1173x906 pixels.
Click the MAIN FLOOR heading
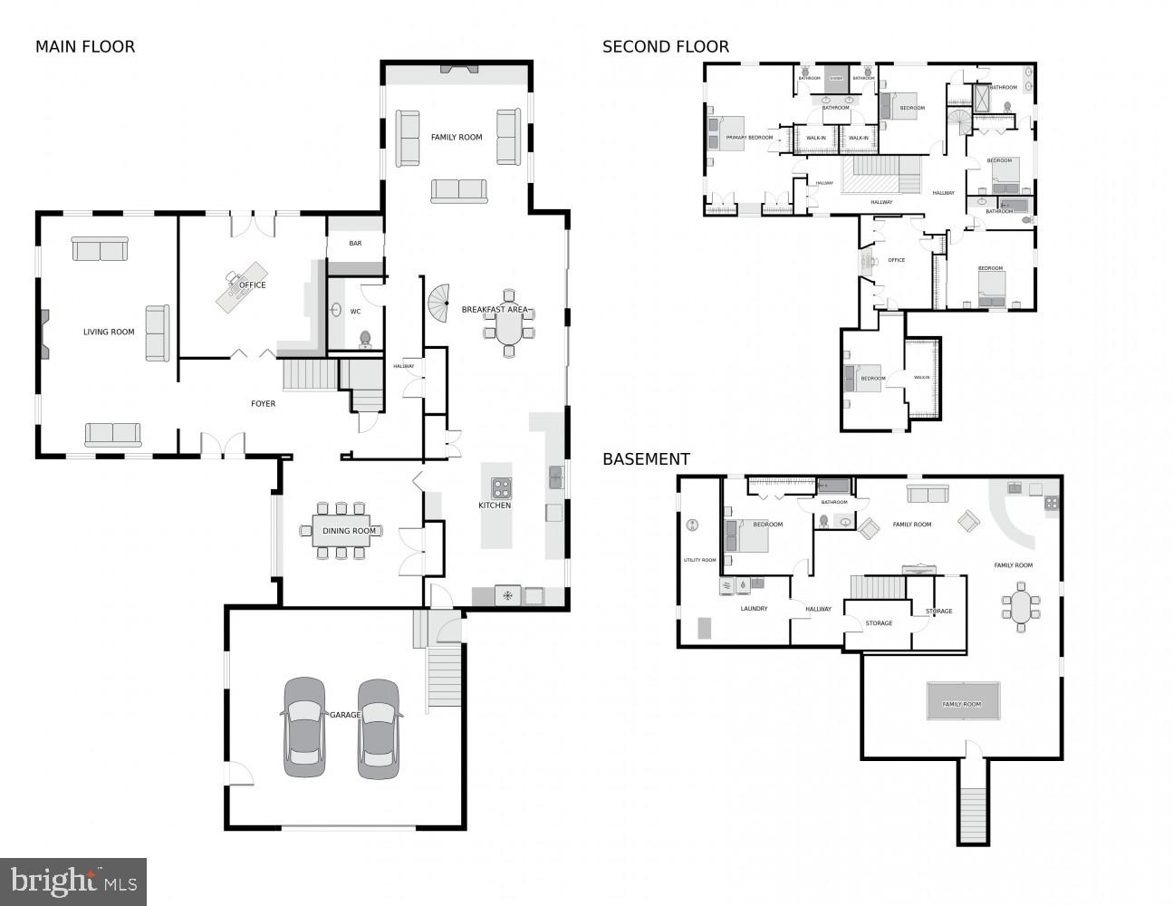point(85,46)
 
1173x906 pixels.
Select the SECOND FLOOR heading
point(666,46)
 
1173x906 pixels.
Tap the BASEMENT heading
point(646,459)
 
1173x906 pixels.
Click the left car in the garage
point(303,727)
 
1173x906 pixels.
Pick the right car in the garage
point(379,728)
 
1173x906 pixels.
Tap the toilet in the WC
point(365,340)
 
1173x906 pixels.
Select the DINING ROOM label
point(349,531)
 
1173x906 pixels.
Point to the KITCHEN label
point(495,505)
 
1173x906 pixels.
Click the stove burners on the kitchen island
point(501,487)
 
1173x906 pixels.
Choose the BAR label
point(355,244)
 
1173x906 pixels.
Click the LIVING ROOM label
point(109,332)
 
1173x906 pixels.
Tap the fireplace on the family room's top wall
point(455,70)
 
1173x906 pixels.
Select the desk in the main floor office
point(241,285)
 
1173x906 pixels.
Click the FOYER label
point(263,403)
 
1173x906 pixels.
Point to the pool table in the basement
point(962,701)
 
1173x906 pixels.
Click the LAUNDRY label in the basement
point(754,609)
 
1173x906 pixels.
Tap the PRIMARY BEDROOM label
point(749,138)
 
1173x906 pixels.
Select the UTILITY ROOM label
point(699,560)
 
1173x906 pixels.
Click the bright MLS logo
point(73,881)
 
